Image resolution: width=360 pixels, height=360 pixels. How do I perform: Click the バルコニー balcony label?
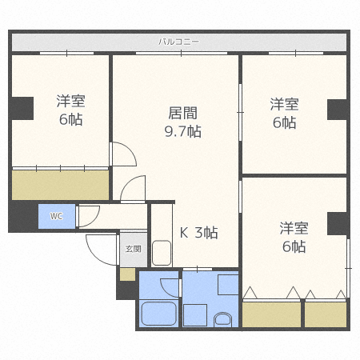[x=178, y=41]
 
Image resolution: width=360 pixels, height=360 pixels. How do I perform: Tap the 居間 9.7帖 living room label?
[x=183, y=122]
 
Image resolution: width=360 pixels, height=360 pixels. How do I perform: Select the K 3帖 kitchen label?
[x=198, y=233]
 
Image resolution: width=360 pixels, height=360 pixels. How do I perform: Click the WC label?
[x=57, y=216]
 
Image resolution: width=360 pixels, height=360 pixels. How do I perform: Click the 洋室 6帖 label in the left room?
[x=70, y=110]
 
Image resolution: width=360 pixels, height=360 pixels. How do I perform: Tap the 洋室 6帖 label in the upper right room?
[x=284, y=113]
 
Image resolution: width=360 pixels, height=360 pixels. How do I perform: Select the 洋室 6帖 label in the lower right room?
[x=293, y=237]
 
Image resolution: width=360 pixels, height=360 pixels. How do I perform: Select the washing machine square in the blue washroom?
[x=228, y=286]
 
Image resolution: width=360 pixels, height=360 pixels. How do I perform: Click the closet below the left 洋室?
[x=60, y=185]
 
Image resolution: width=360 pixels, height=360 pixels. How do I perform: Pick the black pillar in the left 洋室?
[x=22, y=107]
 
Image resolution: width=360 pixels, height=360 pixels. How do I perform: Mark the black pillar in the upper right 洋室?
[x=337, y=109]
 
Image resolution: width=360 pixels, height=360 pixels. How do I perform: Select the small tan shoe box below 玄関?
[x=127, y=274]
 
